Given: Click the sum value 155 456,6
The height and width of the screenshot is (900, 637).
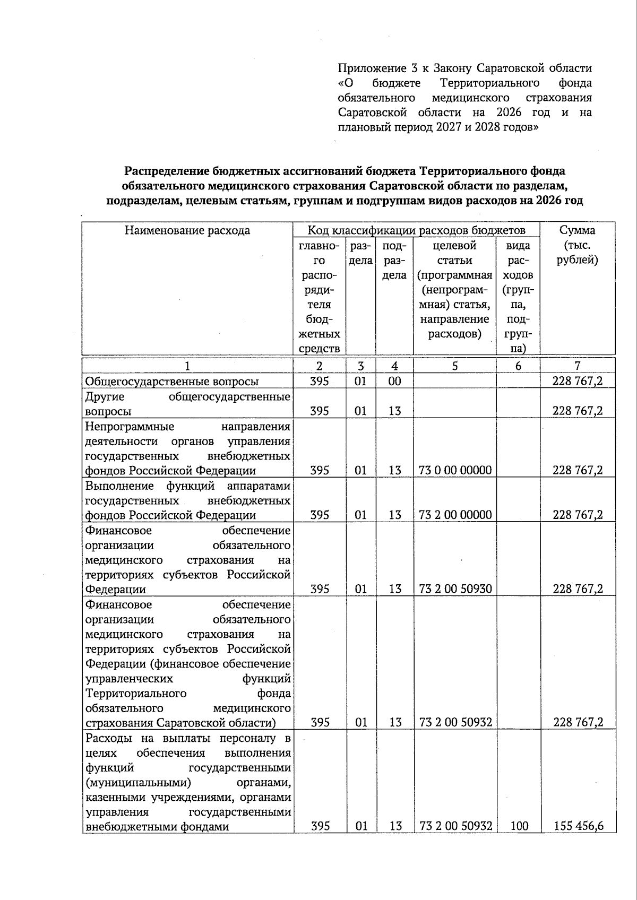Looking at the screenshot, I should [578, 826].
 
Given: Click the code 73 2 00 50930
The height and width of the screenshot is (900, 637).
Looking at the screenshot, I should [455, 589].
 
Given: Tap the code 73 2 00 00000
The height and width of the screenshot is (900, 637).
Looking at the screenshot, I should [455, 515].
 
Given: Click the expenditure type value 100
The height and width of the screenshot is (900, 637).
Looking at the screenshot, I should [518, 826].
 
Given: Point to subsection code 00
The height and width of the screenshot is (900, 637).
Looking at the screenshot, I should [394, 382].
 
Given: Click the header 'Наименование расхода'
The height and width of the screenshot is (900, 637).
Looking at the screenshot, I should [187, 230].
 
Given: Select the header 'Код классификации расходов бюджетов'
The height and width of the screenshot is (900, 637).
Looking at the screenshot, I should [416, 230].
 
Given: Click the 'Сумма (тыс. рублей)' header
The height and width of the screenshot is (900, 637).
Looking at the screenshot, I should [578, 245].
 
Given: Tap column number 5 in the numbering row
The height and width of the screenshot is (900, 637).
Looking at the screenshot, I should [455, 366].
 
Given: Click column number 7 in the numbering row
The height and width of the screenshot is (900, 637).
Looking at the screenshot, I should [578, 366].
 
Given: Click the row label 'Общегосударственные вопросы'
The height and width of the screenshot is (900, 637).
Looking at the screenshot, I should [172, 382].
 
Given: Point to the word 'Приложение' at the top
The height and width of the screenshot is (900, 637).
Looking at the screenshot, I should [369, 68].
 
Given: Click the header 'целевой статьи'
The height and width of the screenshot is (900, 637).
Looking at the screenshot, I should [455, 253].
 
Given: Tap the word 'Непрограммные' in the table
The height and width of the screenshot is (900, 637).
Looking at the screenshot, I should [130, 427].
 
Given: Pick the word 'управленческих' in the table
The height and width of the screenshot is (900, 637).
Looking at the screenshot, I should [129, 679].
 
